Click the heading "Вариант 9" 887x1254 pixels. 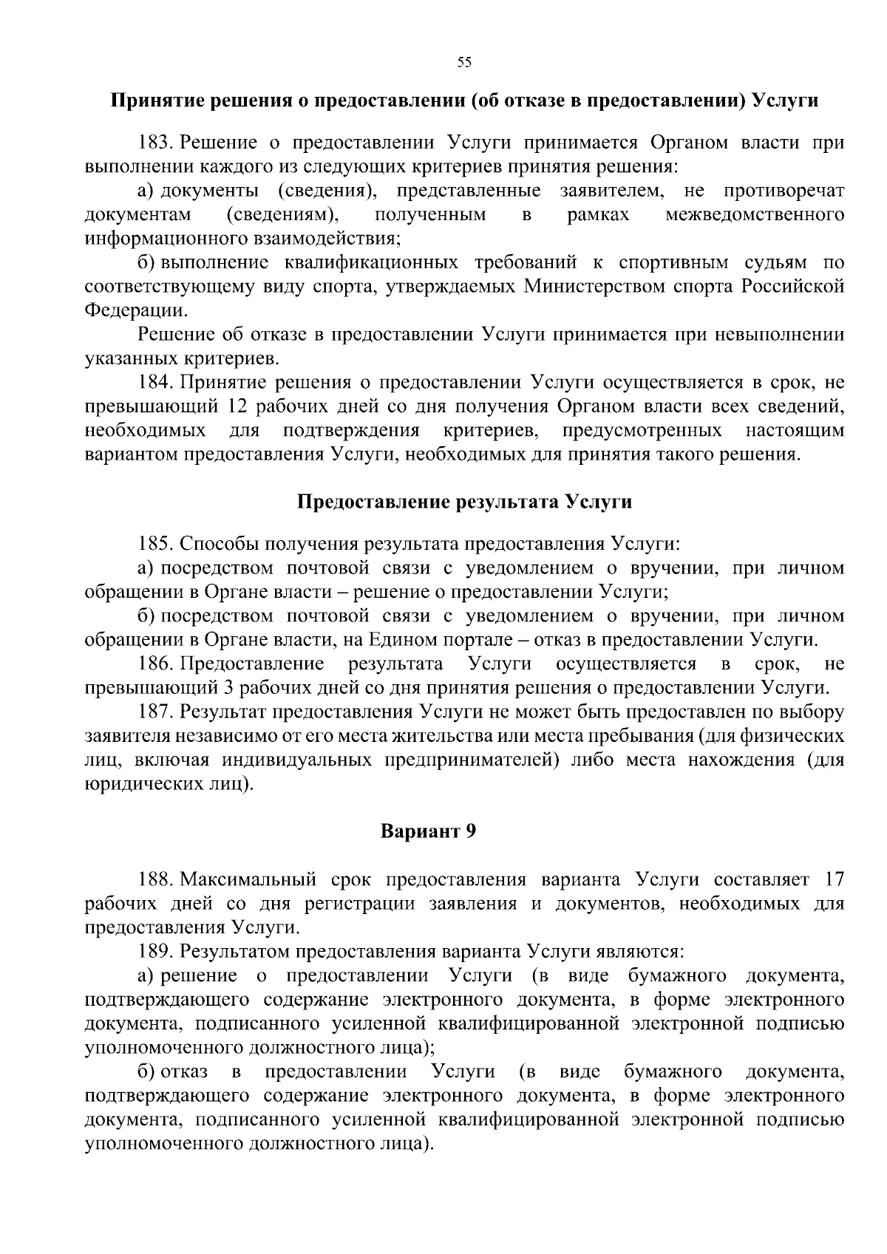point(428,831)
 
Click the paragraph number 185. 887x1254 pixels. point(154,544)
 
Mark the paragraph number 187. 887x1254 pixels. point(154,712)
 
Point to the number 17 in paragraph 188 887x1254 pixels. point(833,879)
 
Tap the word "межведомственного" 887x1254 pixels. point(755,214)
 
